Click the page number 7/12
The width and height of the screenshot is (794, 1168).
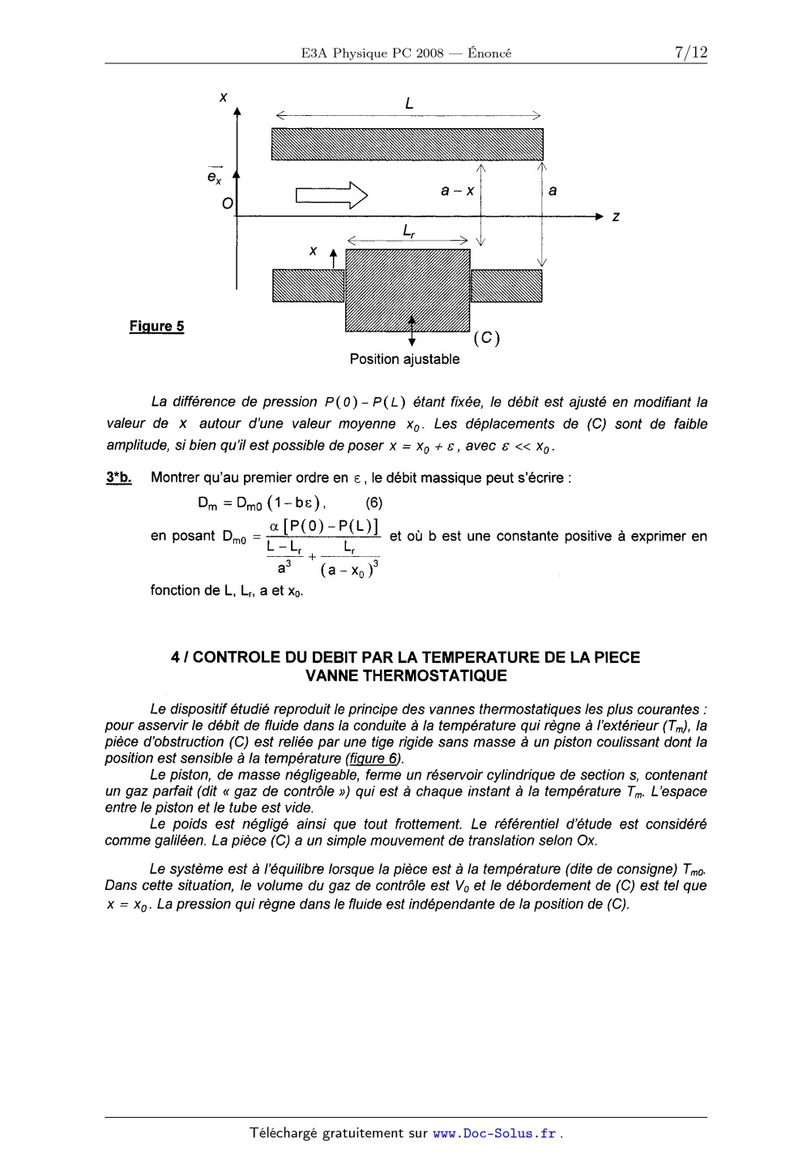tap(690, 53)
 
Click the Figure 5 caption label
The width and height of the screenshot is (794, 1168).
tap(156, 327)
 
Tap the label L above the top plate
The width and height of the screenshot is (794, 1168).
tap(409, 103)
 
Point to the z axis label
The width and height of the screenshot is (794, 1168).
tap(617, 217)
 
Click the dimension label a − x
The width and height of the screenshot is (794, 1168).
tap(457, 190)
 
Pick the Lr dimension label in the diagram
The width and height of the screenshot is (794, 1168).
tap(409, 231)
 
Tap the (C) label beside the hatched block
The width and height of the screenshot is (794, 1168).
tap(486, 338)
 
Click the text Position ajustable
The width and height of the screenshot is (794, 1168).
tap(404, 359)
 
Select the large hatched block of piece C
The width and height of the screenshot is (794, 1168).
tap(408, 289)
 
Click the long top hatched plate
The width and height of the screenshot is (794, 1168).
tap(407, 144)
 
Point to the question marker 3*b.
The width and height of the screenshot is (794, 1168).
tap(118, 477)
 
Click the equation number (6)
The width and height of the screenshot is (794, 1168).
tap(374, 503)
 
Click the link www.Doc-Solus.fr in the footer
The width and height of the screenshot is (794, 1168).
tap(494, 1133)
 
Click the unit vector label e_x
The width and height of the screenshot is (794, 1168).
tap(214, 176)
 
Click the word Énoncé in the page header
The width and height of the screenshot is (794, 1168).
tap(489, 53)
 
